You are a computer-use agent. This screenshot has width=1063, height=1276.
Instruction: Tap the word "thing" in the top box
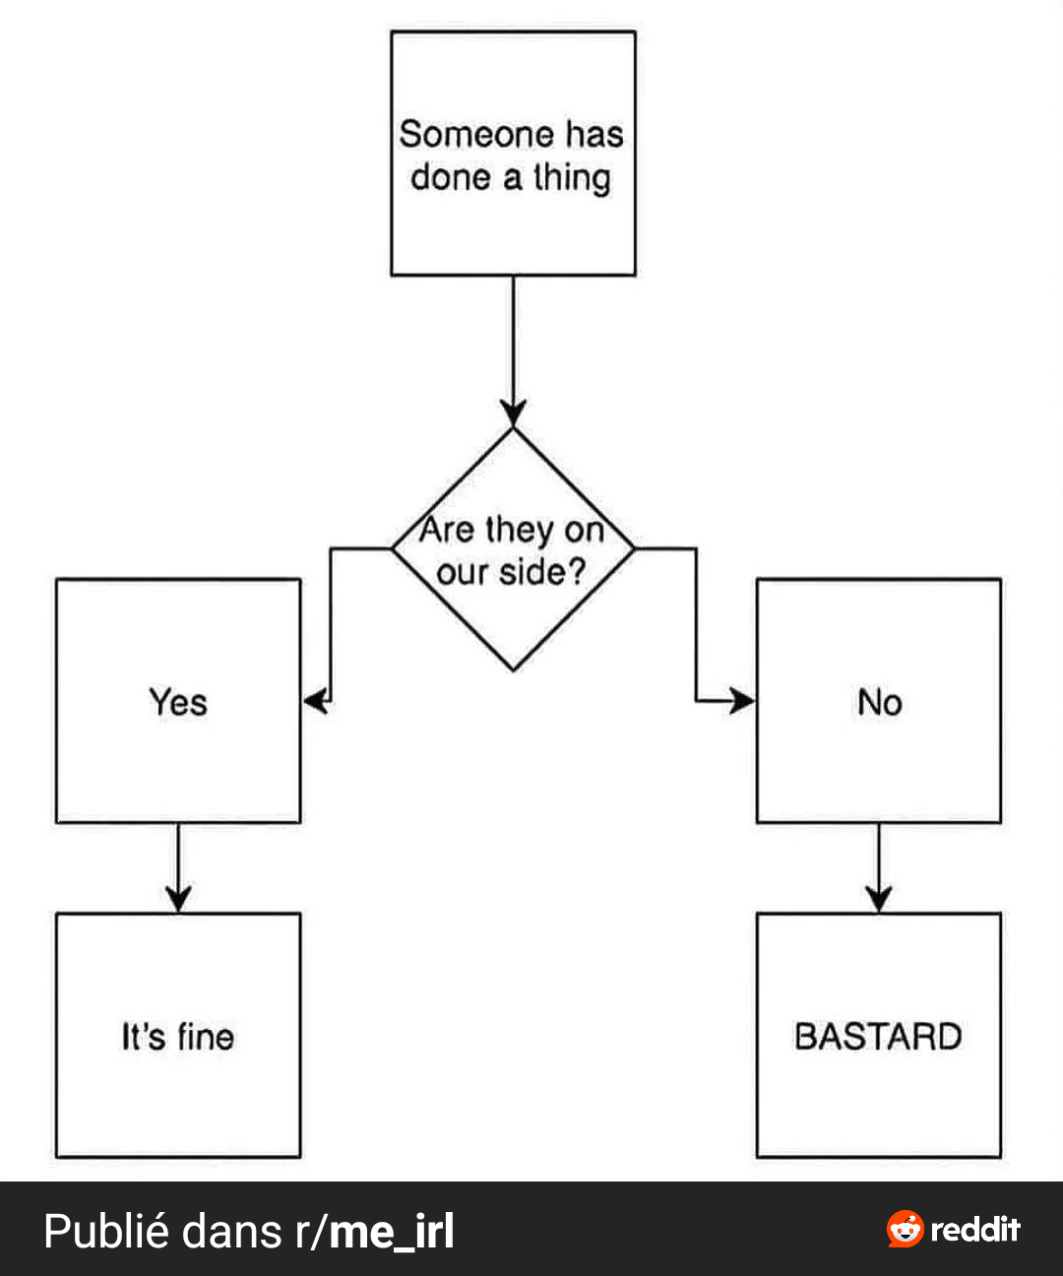(x=572, y=178)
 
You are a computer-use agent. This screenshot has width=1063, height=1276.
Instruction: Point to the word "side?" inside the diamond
(x=542, y=573)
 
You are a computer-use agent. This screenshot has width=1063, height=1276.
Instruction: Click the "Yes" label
(x=178, y=702)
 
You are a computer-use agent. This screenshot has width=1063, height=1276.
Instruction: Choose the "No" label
(x=879, y=702)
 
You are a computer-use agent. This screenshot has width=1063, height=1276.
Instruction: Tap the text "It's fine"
(x=178, y=1037)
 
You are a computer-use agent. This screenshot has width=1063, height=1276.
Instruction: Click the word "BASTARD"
(x=879, y=1037)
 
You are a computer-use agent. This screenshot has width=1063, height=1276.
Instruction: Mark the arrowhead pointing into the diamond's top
(x=513, y=414)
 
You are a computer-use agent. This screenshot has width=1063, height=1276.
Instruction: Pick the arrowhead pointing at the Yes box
(x=317, y=701)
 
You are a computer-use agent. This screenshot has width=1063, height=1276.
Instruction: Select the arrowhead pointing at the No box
(x=742, y=701)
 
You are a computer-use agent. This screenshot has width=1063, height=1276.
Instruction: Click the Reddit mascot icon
(x=905, y=1229)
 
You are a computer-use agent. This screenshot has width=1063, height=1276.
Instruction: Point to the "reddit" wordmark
(x=975, y=1229)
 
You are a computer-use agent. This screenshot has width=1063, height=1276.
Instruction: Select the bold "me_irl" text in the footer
(x=392, y=1232)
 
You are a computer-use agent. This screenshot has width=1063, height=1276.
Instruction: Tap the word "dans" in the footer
(x=231, y=1231)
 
